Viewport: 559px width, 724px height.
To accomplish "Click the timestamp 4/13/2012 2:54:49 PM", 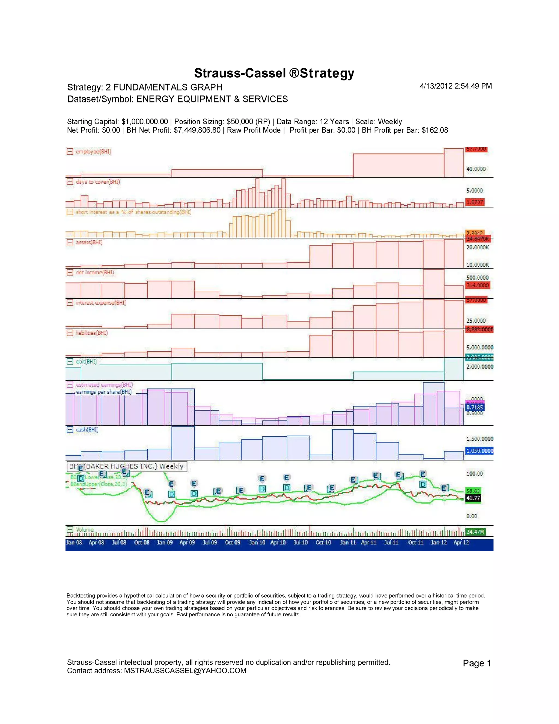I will click(x=456, y=86).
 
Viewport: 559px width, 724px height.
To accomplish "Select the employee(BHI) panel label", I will click(x=93, y=152).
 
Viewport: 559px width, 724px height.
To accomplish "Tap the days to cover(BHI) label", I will click(x=98, y=182).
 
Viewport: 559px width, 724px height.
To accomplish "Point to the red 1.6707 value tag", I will click(x=475, y=202).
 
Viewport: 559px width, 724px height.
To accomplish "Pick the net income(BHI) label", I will click(x=95, y=272).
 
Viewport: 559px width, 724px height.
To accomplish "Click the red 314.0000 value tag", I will click(x=477, y=285).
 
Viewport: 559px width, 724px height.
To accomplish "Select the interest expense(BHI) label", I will click(x=101, y=303).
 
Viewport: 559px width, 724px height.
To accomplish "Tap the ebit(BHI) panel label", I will click(x=86, y=361).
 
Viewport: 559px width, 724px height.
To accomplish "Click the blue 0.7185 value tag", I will click(x=475, y=407).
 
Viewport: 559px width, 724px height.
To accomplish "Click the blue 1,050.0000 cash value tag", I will click(x=479, y=451).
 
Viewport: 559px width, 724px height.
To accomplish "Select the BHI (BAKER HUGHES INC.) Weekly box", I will click(x=127, y=466).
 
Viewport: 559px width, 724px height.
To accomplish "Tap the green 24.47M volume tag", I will click(x=475, y=532).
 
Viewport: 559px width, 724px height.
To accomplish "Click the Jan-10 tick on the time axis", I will click(x=257, y=542).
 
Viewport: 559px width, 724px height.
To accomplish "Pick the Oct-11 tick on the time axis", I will click(x=416, y=542).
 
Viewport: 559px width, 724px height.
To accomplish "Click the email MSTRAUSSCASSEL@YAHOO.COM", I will click(x=185, y=671).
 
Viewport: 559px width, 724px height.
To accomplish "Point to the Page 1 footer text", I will click(x=477, y=663).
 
